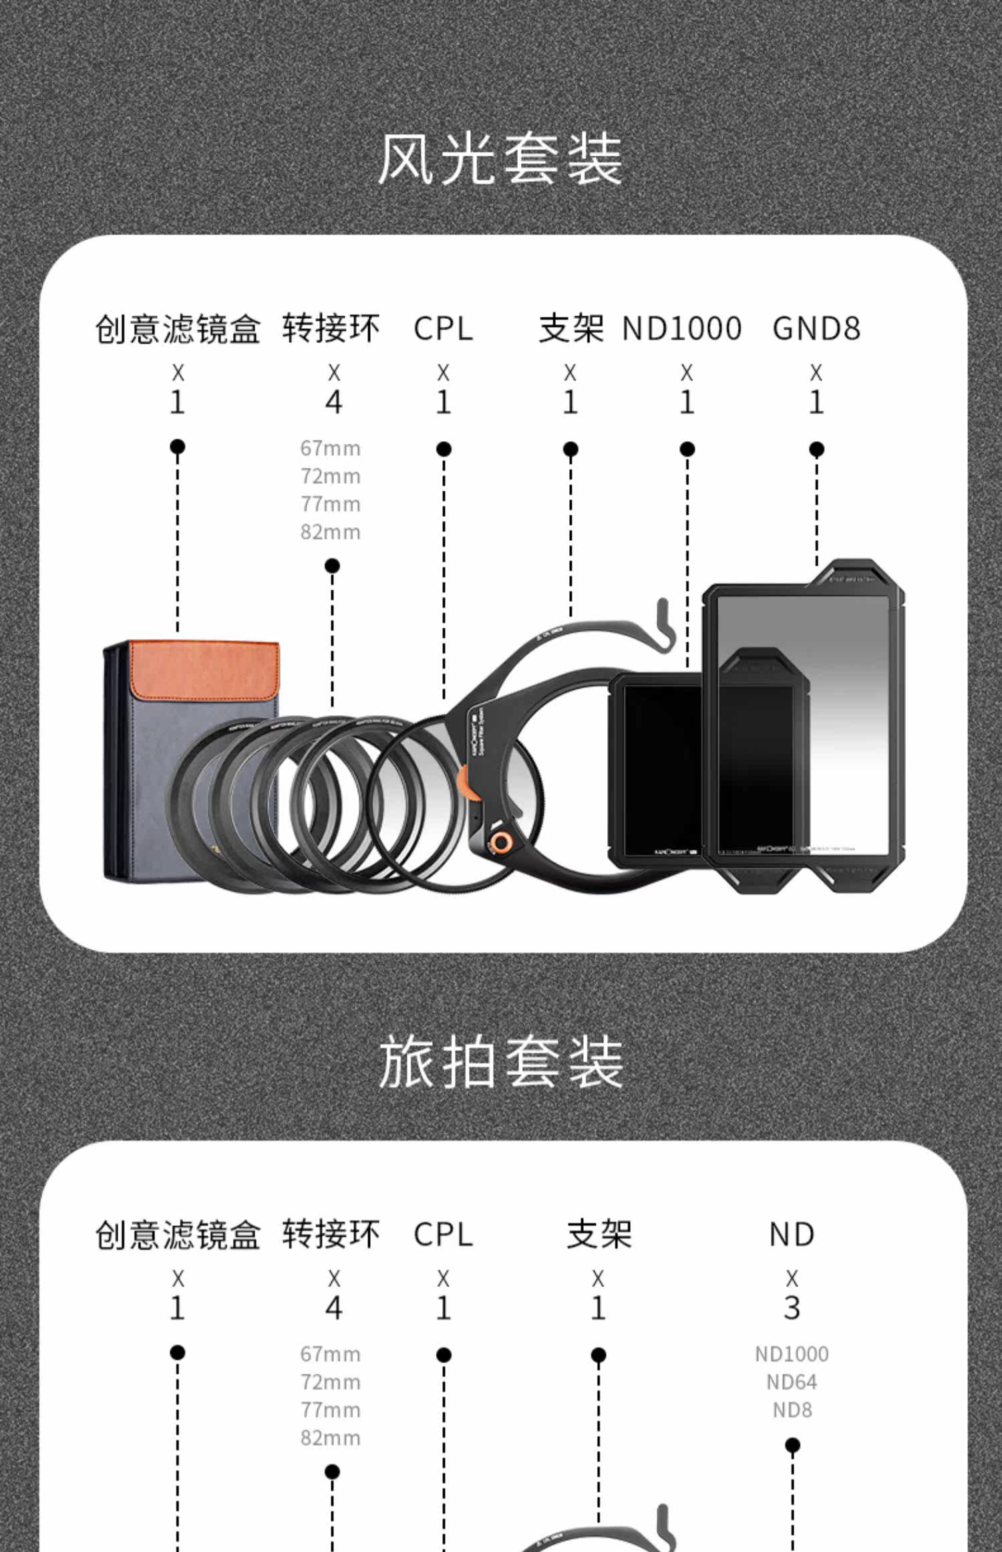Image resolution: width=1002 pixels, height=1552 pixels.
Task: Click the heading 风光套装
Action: tap(500, 160)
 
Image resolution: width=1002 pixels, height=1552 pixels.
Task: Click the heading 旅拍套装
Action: tap(500, 1063)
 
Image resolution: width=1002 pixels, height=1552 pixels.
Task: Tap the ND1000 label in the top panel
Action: tap(681, 329)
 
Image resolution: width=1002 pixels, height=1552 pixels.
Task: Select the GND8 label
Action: tap(816, 329)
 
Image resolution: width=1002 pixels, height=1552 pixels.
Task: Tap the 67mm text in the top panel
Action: tap(330, 448)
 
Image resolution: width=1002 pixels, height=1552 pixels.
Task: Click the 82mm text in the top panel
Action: tap(330, 533)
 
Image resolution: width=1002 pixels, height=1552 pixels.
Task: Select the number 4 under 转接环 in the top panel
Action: tap(333, 402)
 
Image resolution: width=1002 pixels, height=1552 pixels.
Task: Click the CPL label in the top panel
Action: tap(443, 329)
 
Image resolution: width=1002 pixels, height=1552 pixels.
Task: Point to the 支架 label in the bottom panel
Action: tap(599, 1235)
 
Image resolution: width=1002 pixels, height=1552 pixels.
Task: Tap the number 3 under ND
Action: tap(792, 1308)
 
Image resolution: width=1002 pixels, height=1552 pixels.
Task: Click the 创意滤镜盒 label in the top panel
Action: tap(178, 329)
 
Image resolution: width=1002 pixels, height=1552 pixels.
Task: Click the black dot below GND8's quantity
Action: tap(816, 449)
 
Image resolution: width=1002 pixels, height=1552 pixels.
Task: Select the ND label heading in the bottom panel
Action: tap(792, 1235)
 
